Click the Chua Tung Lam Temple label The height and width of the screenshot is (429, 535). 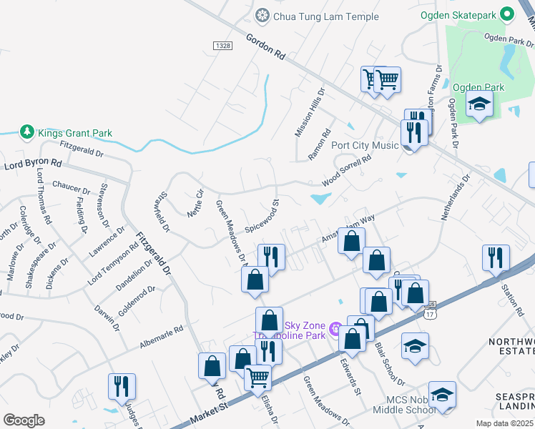point(315,15)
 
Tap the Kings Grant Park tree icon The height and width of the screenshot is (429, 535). point(26,132)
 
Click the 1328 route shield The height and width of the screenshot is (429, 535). point(222,45)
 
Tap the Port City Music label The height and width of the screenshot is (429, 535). point(365,145)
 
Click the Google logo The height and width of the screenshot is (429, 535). point(24,420)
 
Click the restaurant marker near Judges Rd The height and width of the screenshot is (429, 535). point(121,386)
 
